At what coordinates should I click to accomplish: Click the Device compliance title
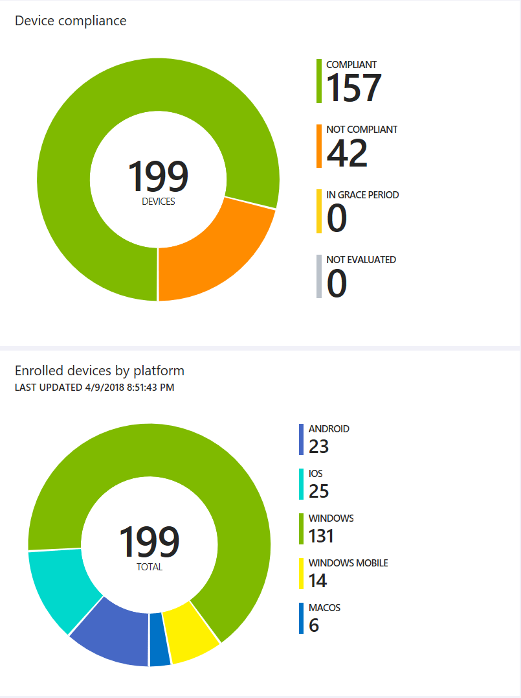[71, 21]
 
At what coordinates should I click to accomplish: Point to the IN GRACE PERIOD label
[362, 194]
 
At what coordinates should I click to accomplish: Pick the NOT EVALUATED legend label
[361, 259]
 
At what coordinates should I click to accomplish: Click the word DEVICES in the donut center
[159, 202]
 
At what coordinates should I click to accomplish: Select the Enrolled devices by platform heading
[100, 371]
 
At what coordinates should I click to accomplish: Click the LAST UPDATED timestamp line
[94, 388]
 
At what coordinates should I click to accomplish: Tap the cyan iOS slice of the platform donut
[61, 587]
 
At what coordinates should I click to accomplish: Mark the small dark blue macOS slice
[160, 640]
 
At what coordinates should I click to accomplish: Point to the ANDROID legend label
[329, 428]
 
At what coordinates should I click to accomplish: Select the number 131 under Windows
[321, 536]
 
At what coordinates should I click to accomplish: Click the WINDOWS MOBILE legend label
[348, 563]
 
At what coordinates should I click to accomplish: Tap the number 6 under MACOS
[314, 625]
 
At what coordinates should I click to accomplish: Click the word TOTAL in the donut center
[150, 567]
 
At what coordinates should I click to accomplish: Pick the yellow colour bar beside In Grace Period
[319, 211]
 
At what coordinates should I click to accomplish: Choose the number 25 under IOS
[319, 491]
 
